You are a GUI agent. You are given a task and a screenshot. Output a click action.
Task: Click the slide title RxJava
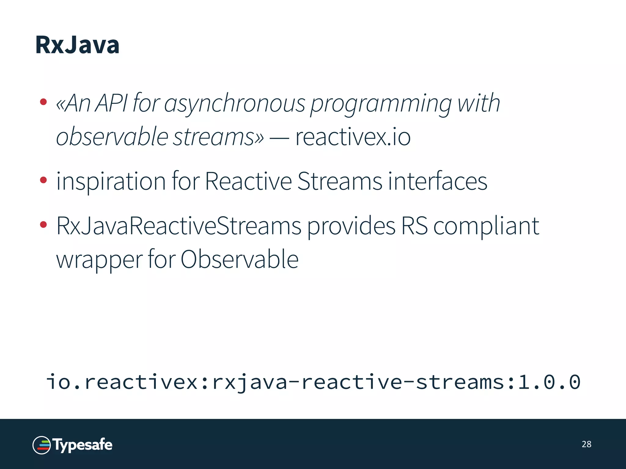(x=77, y=45)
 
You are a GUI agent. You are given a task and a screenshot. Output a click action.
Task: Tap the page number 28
(x=586, y=444)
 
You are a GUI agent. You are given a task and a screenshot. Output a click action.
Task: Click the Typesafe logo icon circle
(x=42, y=445)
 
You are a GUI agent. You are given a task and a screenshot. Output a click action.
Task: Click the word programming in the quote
(x=381, y=104)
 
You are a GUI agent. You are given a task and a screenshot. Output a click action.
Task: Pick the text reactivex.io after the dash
(x=353, y=137)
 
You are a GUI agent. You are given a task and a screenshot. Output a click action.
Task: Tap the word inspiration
(x=111, y=181)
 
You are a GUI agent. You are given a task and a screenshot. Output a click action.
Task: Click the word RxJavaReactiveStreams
(x=179, y=226)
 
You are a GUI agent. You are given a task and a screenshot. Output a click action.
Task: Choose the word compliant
(x=486, y=226)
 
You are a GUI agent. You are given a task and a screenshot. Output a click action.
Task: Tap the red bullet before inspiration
(x=43, y=180)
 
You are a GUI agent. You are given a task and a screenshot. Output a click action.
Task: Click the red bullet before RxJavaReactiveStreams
(x=43, y=225)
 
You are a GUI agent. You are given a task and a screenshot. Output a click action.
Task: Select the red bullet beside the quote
(x=43, y=102)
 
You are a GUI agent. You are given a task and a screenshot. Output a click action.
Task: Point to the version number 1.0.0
(x=549, y=382)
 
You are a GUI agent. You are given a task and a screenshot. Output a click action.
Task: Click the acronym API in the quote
(x=111, y=103)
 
